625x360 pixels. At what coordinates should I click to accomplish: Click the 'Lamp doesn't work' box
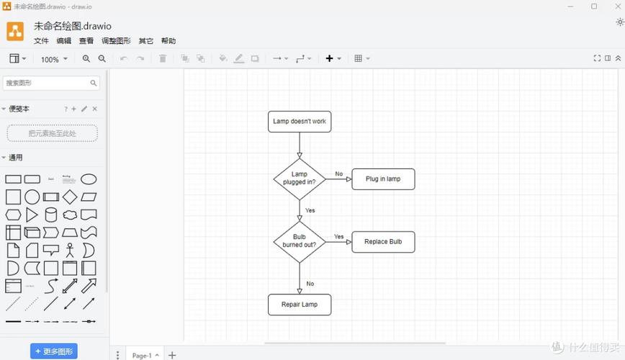click(300, 122)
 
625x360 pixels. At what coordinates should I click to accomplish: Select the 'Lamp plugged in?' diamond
click(300, 179)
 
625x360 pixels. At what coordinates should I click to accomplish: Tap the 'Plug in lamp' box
click(383, 179)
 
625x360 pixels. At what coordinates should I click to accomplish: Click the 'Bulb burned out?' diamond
click(300, 241)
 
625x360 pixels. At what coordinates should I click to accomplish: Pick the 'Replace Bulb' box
click(383, 242)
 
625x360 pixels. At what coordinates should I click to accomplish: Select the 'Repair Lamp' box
click(300, 305)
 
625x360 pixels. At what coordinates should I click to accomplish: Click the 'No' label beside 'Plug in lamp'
click(338, 174)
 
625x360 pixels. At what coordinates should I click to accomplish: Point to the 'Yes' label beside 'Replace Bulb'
click(338, 237)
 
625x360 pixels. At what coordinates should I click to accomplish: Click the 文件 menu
click(41, 41)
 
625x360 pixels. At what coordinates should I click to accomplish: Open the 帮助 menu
click(168, 41)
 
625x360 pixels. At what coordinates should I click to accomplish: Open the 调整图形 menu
click(116, 41)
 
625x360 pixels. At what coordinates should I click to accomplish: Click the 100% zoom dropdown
click(54, 59)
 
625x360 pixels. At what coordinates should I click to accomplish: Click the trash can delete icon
click(163, 59)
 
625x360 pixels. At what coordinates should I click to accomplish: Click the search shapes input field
click(47, 83)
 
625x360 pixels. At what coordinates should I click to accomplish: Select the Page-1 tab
click(142, 355)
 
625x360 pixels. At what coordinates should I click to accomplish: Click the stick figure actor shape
click(70, 251)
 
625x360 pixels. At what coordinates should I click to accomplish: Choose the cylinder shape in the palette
click(51, 215)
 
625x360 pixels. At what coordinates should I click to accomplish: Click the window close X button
click(614, 6)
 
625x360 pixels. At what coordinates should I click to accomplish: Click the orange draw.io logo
click(15, 31)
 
